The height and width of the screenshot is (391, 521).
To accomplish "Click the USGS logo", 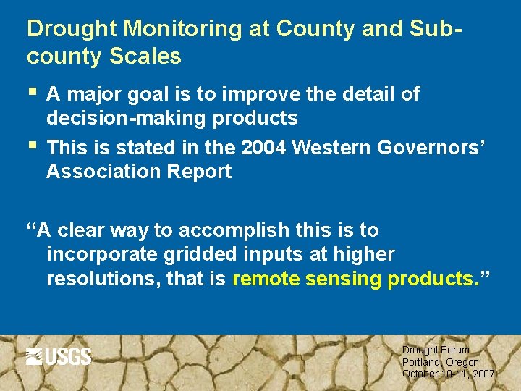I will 59,356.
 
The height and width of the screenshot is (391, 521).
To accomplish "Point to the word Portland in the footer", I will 420,362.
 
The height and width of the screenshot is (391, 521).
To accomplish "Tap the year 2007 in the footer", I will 481,374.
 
